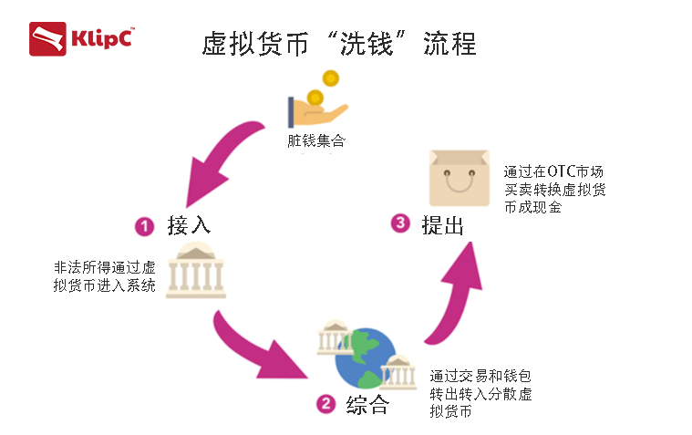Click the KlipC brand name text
(x=103, y=39)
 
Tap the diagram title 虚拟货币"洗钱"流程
(x=338, y=43)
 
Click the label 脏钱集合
(x=316, y=141)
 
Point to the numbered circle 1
(x=143, y=224)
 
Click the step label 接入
(x=189, y=224)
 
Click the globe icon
(x=365, y=355)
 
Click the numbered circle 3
(x=398, y=223)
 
